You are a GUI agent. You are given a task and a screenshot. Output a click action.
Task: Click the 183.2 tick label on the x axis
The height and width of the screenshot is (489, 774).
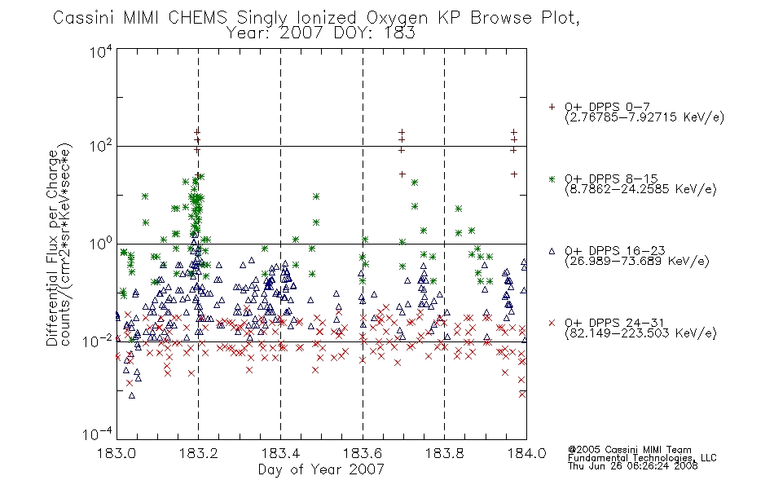(198, 453)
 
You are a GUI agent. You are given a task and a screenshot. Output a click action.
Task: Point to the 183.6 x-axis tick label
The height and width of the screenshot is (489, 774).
(363, 453)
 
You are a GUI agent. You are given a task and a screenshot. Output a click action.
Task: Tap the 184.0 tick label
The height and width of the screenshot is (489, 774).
(526, 453)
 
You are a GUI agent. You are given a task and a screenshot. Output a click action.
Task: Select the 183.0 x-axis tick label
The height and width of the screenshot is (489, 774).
(117, 453)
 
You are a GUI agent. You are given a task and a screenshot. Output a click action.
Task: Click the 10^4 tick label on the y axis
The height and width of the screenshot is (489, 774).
(101, 51)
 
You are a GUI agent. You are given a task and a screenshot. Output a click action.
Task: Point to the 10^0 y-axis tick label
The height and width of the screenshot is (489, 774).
(101, 243)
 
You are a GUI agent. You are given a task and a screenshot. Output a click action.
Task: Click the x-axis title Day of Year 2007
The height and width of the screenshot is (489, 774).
(321, 469)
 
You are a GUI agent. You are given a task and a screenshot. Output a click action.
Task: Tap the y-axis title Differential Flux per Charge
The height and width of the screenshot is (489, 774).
(52, 248)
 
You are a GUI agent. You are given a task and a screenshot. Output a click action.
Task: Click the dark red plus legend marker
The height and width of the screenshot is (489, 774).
(552, 107)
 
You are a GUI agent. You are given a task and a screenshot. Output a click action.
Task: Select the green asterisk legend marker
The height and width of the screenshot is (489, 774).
(552, 178)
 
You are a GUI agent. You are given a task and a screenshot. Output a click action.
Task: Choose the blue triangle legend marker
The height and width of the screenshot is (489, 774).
(552, 251)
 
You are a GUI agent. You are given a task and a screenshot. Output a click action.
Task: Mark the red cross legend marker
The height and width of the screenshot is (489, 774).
(552, 323)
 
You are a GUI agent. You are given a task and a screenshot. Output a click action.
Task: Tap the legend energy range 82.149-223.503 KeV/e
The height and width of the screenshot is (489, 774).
(640, 333)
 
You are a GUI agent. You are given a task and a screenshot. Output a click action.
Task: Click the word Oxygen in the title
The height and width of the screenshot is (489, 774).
(397, 18)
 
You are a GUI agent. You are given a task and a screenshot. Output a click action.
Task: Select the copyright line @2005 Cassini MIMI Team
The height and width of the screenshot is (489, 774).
(630, 450)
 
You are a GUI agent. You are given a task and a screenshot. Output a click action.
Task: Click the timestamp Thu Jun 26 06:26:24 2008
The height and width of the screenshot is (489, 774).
(633, 465)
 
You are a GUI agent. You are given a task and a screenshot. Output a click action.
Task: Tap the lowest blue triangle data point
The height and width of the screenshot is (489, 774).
(132, 395)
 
